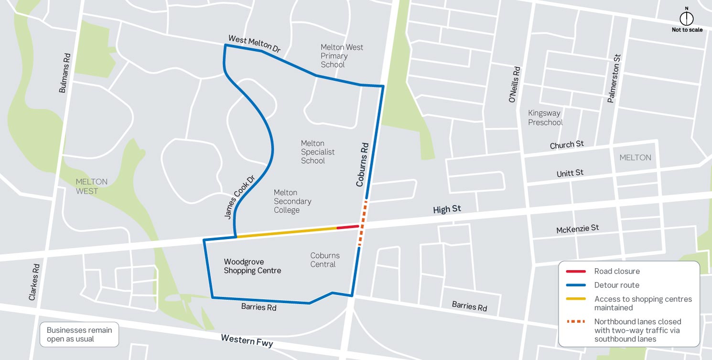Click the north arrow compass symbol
(687, 18)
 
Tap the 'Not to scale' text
(687, 30)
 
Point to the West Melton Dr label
(254, 44)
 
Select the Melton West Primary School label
(342, 56)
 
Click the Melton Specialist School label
(317, 152)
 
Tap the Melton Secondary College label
(292, 201)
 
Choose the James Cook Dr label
(240, 197)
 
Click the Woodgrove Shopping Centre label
(252, 266)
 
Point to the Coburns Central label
(325, 260)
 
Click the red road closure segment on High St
(347, 227)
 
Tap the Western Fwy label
(247, 341)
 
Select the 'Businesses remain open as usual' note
(79, 335)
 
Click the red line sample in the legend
(575, 272)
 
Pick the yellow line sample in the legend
(575, 299)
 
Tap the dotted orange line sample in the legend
(575, 322)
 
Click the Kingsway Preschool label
(545, 118)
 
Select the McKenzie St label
(577, 229)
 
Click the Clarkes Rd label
(34, 282)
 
